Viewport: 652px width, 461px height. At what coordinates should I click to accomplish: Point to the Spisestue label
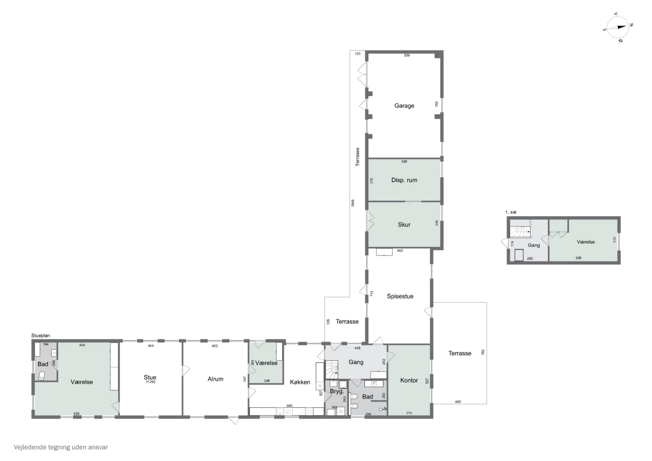coord(400,296)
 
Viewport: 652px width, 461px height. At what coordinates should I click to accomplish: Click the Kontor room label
coord(409,380)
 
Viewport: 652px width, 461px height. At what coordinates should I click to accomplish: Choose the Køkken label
coord(300,382)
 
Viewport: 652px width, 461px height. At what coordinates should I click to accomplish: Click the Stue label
coord(150,377)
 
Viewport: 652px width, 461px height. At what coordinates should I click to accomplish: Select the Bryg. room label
coord(337,391)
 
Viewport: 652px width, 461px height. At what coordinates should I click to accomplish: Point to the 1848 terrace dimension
coord(353,203)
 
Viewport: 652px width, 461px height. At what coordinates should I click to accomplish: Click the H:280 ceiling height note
coord(151,382)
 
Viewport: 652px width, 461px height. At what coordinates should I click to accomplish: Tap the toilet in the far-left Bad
coord(42,376)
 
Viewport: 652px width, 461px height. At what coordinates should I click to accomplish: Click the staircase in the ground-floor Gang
coord(332,369)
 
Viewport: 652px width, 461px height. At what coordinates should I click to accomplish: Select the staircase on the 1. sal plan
coord(520,228)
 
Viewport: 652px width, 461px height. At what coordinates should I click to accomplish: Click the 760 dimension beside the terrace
coord(483,352)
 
